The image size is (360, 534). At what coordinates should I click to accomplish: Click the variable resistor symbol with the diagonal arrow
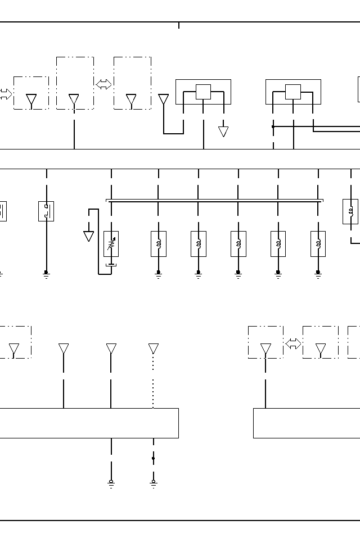click(111, 244)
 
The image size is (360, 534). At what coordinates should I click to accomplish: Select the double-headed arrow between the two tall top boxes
click(103, 84)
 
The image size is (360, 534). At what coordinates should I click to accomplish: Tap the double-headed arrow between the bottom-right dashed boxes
click(293, 343)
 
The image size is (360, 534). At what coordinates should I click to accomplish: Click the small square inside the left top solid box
click(203, 92)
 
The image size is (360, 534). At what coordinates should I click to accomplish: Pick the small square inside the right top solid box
click(293, 92)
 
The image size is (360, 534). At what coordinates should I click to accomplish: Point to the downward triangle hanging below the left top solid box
click(223, 132)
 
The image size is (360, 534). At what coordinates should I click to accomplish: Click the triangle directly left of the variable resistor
click(88, 236)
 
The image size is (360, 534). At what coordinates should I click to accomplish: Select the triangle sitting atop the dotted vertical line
click(153, 349)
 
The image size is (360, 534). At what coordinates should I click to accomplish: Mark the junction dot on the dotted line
click(153, 458)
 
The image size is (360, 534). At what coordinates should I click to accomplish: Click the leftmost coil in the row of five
click(159, 244)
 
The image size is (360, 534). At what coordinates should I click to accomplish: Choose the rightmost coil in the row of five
click(318, 244)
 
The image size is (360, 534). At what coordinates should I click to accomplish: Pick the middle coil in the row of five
click(238, 244)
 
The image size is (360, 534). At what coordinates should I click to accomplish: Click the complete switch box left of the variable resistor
click(46, 211)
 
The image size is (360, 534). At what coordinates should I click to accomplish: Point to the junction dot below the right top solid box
click(273, 126)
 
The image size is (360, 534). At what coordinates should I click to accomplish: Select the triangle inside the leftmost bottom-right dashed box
click(265, 350)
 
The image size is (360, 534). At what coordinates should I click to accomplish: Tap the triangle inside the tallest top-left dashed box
click(74, 100)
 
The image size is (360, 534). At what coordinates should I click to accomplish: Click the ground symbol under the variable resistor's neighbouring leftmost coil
click(159, 274)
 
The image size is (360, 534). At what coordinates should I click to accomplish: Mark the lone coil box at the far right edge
click(350, 211)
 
